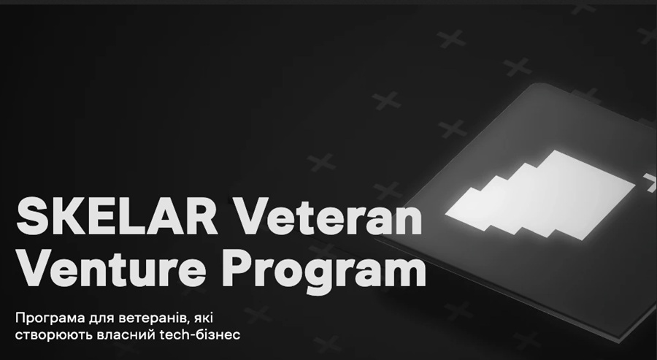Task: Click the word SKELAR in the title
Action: click(117, 216)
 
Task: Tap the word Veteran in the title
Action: click(328, 216)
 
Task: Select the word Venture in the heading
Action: click(112, 267)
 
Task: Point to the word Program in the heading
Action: click(323, 272)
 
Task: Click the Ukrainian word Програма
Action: click(50, 318)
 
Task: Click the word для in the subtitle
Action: click(101, 319)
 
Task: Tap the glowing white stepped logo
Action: click(539, 194)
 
